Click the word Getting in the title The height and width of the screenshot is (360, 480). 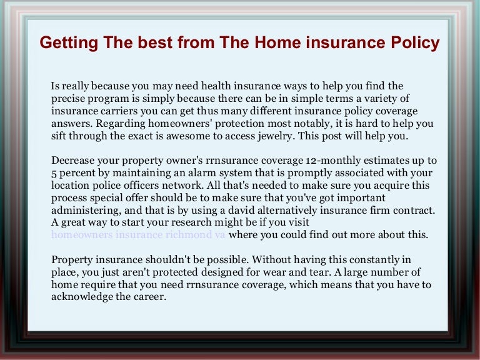[66, 42]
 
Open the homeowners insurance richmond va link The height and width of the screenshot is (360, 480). [138, 236]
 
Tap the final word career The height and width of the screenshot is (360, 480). [149, 297]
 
